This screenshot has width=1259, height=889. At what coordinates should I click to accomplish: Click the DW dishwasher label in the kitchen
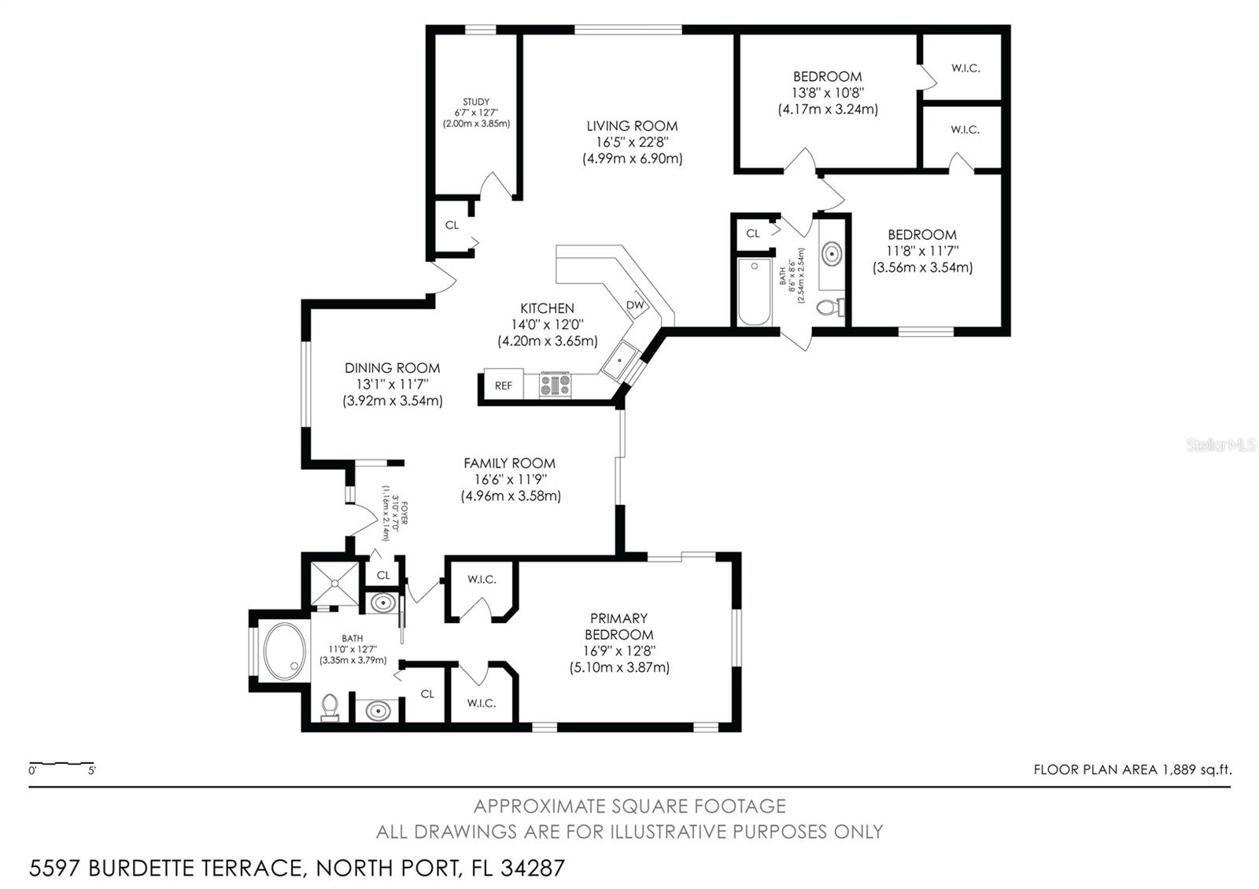pos(635,305)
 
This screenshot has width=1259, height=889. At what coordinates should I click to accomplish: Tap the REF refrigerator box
pos(504,385)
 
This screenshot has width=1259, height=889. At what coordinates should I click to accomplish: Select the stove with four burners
pos(556,385)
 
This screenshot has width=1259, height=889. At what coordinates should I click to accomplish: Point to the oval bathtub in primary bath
pos(284,651)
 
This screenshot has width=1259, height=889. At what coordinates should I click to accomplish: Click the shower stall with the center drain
pos(335,583)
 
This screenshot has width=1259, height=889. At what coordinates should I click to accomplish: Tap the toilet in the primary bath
pos(330,706)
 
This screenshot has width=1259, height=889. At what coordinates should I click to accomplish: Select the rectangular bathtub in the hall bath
pos(754,292)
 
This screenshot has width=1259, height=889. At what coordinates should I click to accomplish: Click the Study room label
pos(476,101)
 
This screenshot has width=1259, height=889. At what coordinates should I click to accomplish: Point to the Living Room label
pos(632,126)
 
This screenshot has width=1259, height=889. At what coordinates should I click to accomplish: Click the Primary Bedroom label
pos(619,626)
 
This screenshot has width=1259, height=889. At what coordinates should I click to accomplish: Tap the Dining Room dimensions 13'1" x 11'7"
pos(392,384)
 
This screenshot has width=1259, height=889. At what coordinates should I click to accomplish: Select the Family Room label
pos(509,463)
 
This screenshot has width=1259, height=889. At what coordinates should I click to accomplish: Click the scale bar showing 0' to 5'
pos(61,765)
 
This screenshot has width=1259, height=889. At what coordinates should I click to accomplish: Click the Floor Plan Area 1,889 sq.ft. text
pos(1132,769)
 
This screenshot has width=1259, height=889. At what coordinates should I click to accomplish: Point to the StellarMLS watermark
pos(1220,445)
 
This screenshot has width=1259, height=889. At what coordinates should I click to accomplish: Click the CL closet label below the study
pos(452,225)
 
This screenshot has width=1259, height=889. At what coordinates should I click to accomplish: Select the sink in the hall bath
pos(832,253)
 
